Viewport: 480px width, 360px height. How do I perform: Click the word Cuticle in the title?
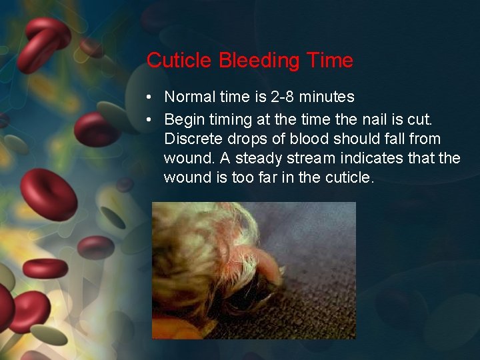tap(180, 61)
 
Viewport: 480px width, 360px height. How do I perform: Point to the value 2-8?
tap(283, 97)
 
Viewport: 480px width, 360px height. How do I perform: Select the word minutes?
tap(327, 97)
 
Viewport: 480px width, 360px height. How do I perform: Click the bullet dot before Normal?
tap(151, 97)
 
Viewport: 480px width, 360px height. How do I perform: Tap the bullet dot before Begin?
tap(151, 119)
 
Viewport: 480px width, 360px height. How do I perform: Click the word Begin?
tap(184, 119)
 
